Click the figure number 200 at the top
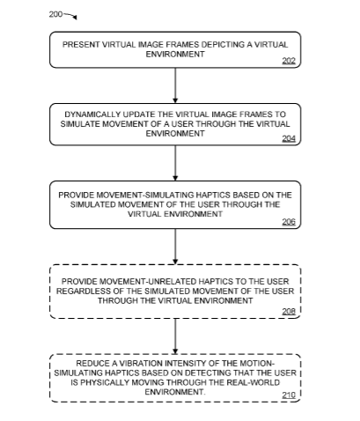pyautogui.click(x=55, y=14)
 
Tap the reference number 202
pyautogui.click(x=289, y=61)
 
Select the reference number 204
pyautogui.click(x=289, y=138)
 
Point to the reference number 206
pyautogui.click(x=289, y=222)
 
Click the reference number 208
pyautogui.click(x=289, y=311)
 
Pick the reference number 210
pyautogui.click(x=289, y=395)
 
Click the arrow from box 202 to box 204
pyautogui.click(x=175, y=85)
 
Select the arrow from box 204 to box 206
pyautogui.click(x=175, y=163)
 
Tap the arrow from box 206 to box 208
pyautogui.click(x=175, y=247)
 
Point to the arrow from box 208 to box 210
pyautogui.click(x=175, y=336)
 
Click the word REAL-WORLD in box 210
pyautogui.click(x=253, y=382)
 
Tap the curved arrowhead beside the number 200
pyautogui.click(x=75, y=18)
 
